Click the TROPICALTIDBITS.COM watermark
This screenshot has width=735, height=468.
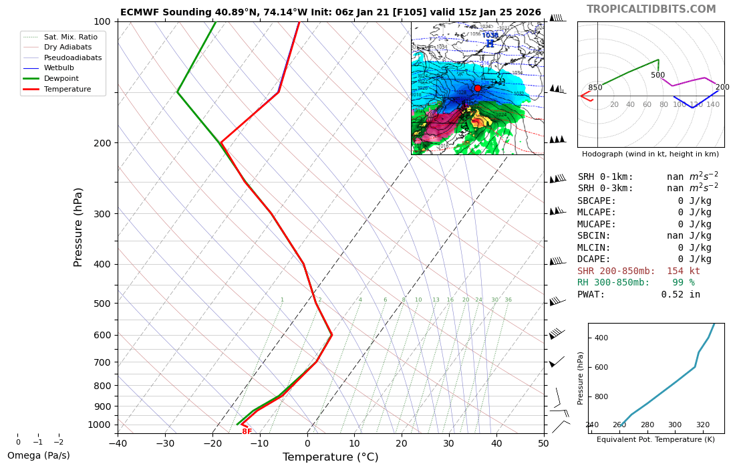pyautogui.click(x=651, y=9)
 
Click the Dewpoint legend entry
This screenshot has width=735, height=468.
pyautogui.click(x=61, y=79)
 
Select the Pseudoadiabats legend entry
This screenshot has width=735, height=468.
pyautogui.click(x=73, y=58)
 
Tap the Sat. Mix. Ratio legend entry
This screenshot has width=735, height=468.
pyautogui.click(x=70, y=37)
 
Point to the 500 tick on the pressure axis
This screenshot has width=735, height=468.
pyautogui.click(x=102, y=304)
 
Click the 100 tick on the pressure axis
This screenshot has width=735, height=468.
pyautogui.click(x=102, y=22)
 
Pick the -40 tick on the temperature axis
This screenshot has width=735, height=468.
pyautogui.click(x=118, y=443)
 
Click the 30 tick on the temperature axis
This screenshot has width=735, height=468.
pyautogui.click(x=449, y=443)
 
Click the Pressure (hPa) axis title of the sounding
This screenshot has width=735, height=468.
pyautogui.click(x=79, y=227)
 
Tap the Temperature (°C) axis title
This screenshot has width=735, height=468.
pyautogui.click(x=330, y=457)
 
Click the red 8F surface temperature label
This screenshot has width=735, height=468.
pyautogui.click(x=247, y=432)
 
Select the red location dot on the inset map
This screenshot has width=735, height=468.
pyautogui.click(x=478, y=88)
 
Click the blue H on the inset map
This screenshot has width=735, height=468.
pyautogui.click(x=490, y=44)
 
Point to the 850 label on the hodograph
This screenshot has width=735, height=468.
pyautogui.click(x=595, y=88)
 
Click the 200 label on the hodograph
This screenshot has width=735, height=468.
pyautogui.click(x=722, y=88)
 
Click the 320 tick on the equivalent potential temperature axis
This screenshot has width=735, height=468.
pyautogui.click(x=703, y=425)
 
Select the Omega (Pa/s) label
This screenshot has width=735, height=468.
pyautogui.click(x=38, y=456)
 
